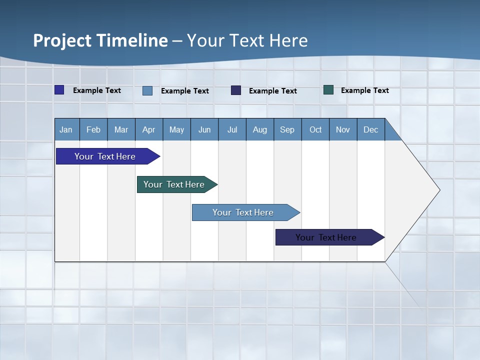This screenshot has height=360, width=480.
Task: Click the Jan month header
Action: point(66,129)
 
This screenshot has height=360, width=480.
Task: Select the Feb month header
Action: point(93,129)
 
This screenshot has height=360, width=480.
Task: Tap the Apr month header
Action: point(148,129)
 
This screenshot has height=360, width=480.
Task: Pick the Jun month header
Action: point(204,129)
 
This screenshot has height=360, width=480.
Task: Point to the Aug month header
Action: point(259,129)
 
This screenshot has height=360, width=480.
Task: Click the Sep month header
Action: point(287,129)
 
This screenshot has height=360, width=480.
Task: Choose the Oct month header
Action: point(315,129)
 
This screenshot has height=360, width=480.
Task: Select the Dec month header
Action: point(370,129)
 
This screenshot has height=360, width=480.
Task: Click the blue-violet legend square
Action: point(59,90)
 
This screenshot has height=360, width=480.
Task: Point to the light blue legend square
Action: point(147,90)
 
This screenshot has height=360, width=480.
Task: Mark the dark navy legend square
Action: point(236,90)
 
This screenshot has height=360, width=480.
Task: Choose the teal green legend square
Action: point(328,90)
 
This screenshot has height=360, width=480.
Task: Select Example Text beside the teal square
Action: point(364,90)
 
